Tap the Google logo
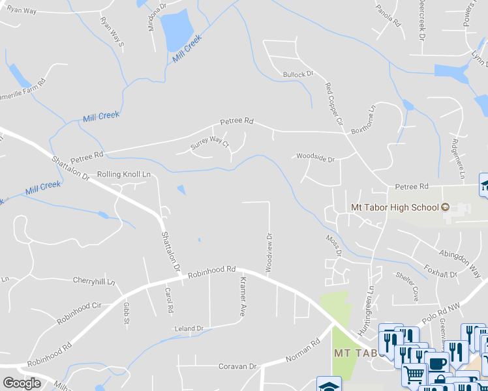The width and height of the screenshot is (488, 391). coord(22,383)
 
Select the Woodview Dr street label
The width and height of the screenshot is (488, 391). coord(267,253)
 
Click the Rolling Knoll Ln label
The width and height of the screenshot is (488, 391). coord(123,175)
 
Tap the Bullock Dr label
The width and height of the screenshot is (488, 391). coord(298,74)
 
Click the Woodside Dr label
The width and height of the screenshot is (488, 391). coord(315,158)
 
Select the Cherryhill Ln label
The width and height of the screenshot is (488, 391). coord(94,282)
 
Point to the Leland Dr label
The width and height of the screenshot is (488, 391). coord(189,328)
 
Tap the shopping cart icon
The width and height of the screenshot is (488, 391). coord(413,373)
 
